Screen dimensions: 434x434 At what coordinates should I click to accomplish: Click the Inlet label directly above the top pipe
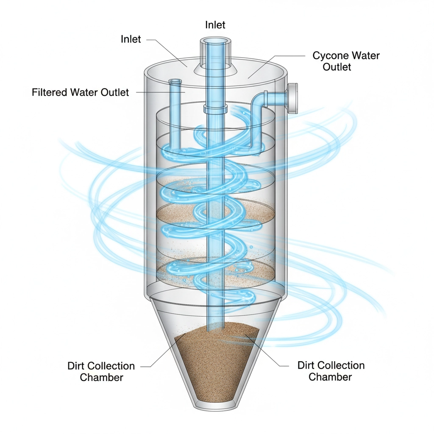(x=215, y=25)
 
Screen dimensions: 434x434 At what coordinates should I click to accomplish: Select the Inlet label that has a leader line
(x=131, y=39)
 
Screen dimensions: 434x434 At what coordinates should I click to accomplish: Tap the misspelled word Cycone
(x=328, y=56)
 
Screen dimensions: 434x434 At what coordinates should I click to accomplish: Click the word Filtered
(x=49, y=92)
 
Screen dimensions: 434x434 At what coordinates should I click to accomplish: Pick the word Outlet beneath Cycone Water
(x=337, y=67)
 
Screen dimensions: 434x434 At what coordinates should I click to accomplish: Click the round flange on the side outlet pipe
(x=293, y=99)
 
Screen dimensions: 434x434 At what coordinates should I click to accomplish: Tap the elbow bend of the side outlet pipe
(x=259, y=102)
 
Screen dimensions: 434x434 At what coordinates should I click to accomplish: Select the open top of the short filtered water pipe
(x=174, y=81)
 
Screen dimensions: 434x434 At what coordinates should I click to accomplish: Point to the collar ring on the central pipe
(x=216, y=109)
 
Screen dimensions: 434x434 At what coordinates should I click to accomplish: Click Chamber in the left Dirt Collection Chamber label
(x=101, y=377)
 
